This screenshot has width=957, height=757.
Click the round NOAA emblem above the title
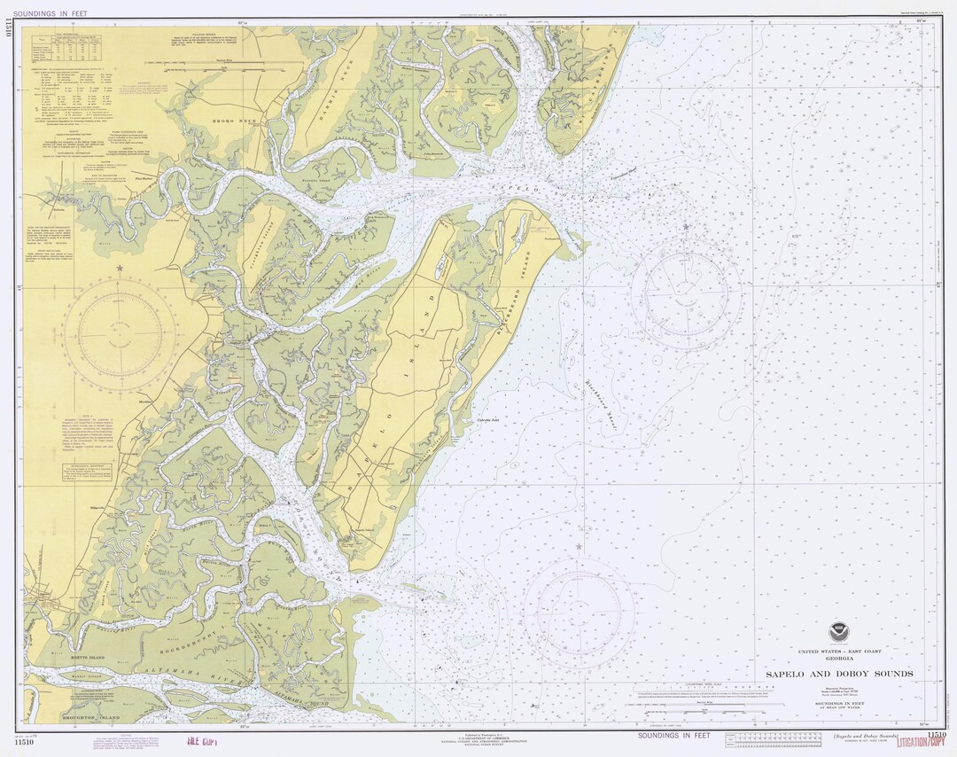click(x=838, y=633)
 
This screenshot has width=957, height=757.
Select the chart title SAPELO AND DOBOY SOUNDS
click(x=839, y=674)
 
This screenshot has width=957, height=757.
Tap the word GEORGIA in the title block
click(x=838, y=659)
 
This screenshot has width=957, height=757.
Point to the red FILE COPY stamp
click(x=201, y=743)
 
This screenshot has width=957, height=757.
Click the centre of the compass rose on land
click(x=119, y=333)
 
